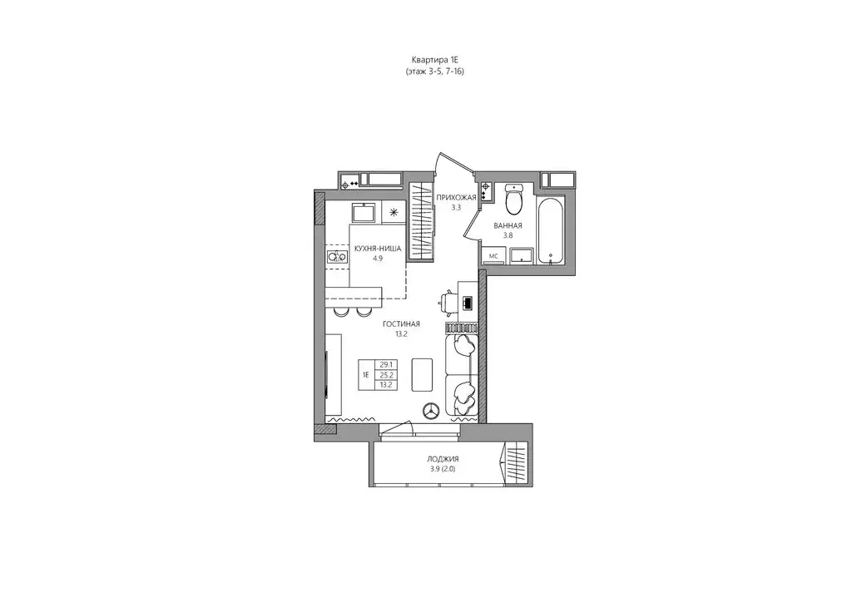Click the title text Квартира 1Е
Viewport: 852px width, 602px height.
[x=435, y=60]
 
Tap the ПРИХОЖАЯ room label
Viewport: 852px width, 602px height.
[x=457, y=198]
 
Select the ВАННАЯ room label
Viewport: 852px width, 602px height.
[x=508, y=226]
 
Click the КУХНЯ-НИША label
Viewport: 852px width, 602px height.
[x=378, y=249]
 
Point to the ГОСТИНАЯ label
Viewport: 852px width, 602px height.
[x=402, y=324]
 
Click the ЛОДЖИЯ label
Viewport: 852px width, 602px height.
[x=443, y=459]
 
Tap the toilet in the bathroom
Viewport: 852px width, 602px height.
[x=513, y=200]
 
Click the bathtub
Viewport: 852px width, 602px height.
[x=551, y=231]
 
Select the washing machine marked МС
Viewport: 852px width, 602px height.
[x=494, y=255]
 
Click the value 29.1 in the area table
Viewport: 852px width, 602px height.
[x=386, y=365]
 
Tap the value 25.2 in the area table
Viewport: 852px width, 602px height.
[x=386, y=374]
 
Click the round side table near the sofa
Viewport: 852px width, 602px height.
[x=433, y=411]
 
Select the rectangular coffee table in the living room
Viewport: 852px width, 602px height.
[x=422, y=374]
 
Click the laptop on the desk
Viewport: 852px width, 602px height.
[x=468, y=303]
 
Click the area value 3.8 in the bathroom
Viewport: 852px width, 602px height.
[x=508, y=235]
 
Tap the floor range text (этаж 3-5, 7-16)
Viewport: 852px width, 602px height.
[x=435, y=72]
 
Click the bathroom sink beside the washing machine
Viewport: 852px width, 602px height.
[x=521, y=255]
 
